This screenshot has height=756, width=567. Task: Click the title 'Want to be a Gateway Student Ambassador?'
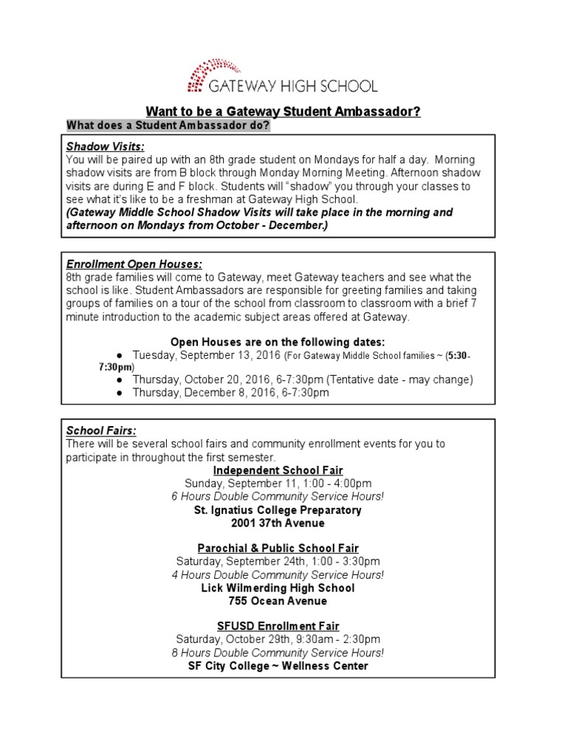pos(283,111)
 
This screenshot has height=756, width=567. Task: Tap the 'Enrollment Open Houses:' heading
pos(134,264)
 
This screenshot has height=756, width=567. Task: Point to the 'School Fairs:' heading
pos(101,430)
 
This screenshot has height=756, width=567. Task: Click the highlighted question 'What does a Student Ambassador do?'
pos(168,125)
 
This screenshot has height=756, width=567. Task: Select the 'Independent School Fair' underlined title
pos(278,470)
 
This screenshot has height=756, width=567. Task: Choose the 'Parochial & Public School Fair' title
pos(278,549)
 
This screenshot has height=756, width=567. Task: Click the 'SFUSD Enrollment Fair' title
pos(278,626)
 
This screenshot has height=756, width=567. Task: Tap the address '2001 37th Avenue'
pos(278,523)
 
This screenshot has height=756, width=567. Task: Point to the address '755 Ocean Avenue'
pos(278,601)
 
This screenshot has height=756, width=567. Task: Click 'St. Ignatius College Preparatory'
pos(278,509)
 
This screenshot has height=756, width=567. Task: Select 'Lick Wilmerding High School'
pos(278,588)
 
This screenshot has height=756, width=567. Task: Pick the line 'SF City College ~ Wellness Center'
pos(278,666)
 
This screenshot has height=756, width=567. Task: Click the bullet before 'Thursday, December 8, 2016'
pos(119,394)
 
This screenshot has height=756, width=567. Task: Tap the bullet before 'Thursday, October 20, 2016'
pos(119,380)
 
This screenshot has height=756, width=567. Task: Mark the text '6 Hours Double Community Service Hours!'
pos(278,496)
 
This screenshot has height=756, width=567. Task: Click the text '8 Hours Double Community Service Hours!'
pos(278,653)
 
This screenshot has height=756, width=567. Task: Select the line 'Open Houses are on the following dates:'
pos(278,342)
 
